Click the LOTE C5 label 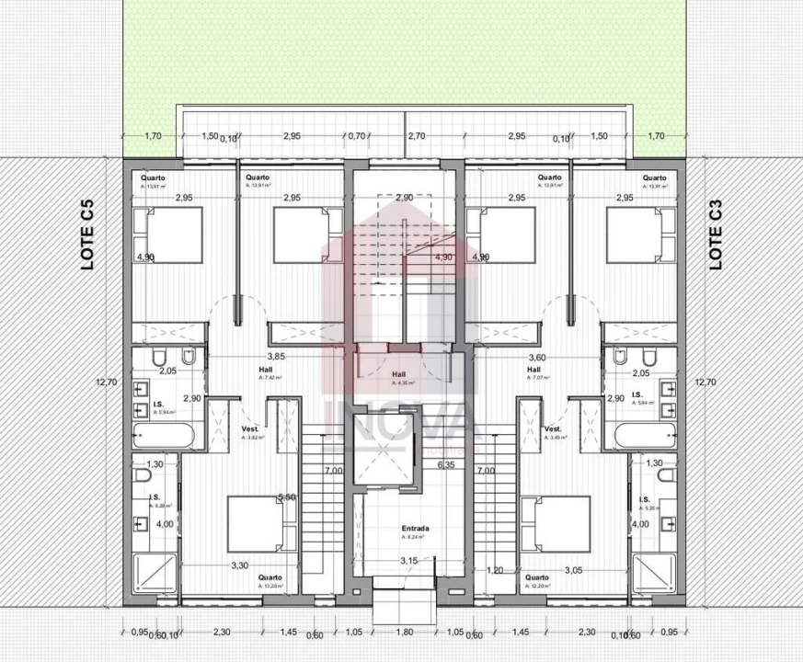pyautogui.click(x=88, y=235)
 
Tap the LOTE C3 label pyautogui.click(x=717, y=235)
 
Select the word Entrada pyautogui.click(x=417, y=529)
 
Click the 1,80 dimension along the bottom pyautogui.click(x=405, y=633)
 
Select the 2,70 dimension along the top pyautogui.click(x=416, y=136)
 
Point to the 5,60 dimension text pyautogui.click(x=286, y=497)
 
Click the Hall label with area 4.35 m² pyautogui.click(x=399, y=375)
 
